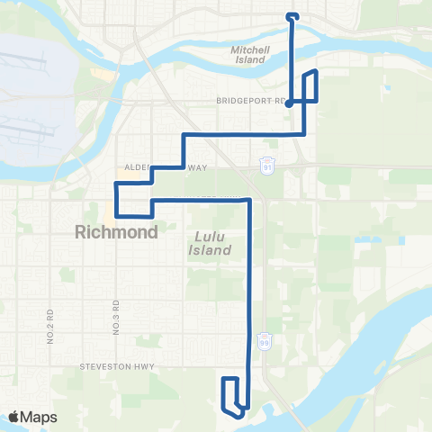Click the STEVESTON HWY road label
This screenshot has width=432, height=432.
pos(118,366)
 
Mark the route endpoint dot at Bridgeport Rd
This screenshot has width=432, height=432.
pos(288,103)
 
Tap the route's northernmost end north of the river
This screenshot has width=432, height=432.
pos(291,15)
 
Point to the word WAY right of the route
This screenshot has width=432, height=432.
pos(197,167)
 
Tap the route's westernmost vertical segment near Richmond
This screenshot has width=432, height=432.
pos(116,200)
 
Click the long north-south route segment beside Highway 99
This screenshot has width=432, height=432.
pos(248,288)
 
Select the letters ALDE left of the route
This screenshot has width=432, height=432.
pos(136,167)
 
